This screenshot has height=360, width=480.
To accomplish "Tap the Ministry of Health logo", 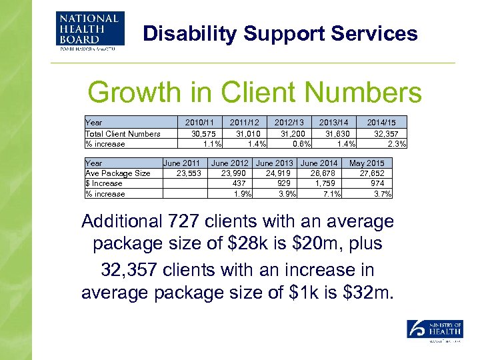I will point(435,331).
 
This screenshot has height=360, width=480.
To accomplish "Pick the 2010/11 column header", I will point(199,123).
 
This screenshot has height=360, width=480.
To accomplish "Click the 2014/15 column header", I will point(381,123).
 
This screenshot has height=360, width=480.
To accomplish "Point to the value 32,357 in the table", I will point(387,133).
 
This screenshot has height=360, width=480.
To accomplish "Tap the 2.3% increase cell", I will point(397,143).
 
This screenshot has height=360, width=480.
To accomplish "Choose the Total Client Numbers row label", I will point(123,133).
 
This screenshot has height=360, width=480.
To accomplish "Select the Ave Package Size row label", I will point(118,173).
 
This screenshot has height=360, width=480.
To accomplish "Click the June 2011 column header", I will point(181,163).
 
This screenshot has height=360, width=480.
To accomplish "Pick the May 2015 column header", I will point(367,163).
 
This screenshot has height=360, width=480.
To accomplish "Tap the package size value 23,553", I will point(189,173).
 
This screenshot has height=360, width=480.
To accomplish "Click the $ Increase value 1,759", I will point(327,183).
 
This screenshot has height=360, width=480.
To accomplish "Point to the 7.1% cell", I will point(331,194).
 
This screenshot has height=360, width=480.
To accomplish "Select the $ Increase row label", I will point(104,183).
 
